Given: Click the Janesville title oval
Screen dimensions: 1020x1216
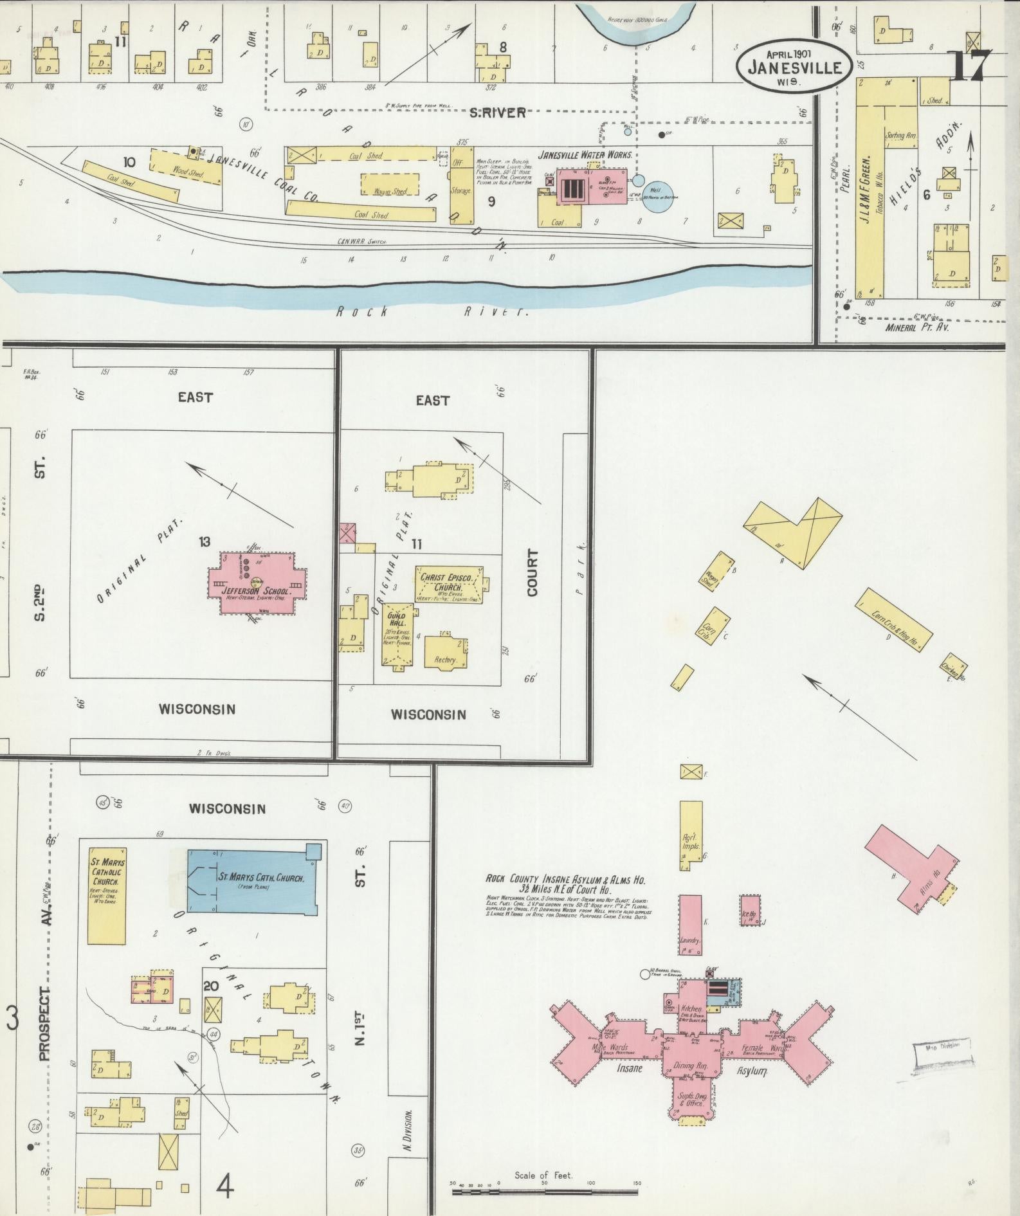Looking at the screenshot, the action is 794,63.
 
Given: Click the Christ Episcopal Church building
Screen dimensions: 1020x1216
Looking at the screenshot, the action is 449,584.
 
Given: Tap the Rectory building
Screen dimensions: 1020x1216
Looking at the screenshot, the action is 445,652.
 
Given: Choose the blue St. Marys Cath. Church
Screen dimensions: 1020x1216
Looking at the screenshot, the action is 252,880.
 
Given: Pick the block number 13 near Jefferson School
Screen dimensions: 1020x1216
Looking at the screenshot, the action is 204,541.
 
